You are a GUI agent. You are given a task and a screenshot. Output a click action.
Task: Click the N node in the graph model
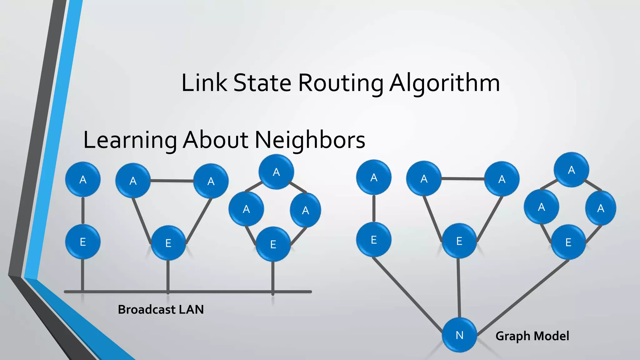point(459,335)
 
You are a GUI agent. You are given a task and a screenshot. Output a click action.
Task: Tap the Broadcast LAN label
point(161,309)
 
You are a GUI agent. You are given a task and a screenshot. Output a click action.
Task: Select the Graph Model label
point(532,336)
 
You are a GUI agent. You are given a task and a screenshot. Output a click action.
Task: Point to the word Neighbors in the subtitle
point(310,140)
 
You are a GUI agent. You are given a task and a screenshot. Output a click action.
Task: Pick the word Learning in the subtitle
point(130,140)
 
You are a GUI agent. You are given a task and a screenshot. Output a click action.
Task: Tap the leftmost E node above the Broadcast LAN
point(83,242)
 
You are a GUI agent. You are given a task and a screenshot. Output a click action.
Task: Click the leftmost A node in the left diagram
point(83,179)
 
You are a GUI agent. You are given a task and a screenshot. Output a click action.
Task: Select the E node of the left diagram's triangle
point(168,243)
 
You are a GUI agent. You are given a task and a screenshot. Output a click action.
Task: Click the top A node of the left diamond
point(276,172)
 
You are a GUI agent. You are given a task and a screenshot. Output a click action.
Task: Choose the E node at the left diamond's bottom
point(273,244)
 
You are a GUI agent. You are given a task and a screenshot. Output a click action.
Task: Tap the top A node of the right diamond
point(571,170)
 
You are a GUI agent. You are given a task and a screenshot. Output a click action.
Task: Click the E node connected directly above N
point(459,241)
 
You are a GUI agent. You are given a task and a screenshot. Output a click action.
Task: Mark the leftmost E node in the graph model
point(374,240)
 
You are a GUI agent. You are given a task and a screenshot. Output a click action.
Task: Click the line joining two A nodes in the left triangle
point(172,181)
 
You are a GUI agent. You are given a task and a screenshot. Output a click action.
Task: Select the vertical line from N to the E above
point(459,287)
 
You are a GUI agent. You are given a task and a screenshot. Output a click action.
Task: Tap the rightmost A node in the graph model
point(600,208)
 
